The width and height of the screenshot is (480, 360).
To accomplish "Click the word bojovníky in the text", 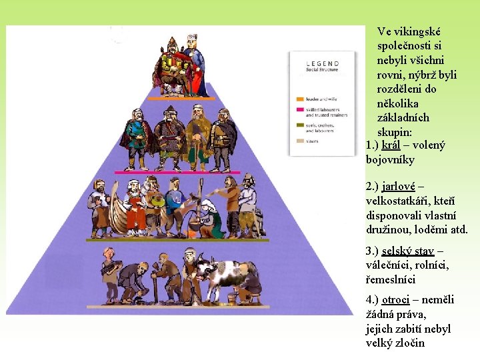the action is pos(390,160).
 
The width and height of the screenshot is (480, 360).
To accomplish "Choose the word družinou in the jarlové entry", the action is pos(391,230).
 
